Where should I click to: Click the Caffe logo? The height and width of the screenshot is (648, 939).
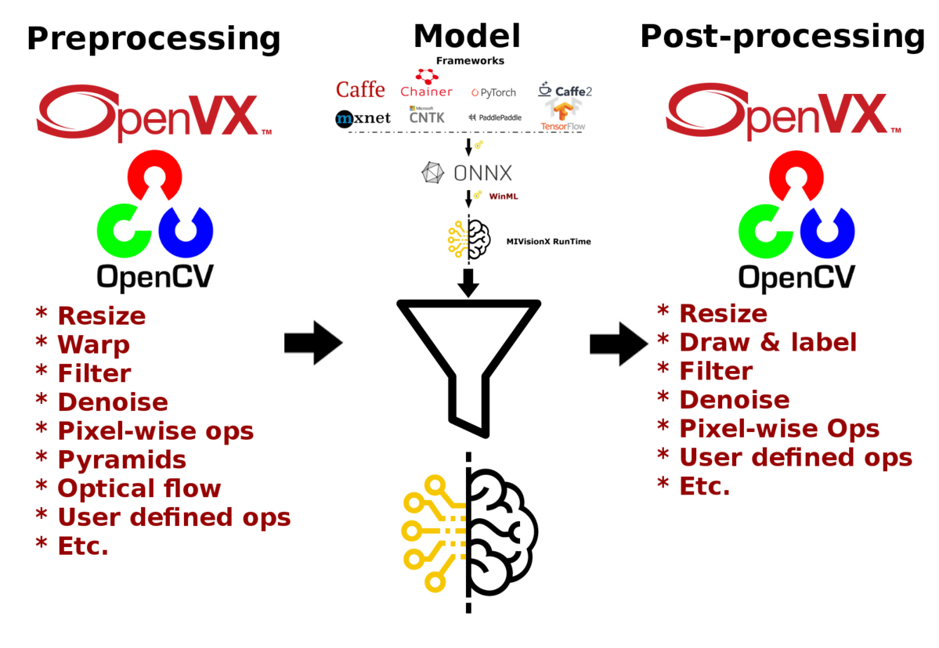pos(360,90)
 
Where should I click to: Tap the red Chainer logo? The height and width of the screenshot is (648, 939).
pos(427,84)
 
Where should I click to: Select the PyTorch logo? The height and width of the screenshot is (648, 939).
pos(493,92)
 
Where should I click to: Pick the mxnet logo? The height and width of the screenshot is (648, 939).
pos(363,119)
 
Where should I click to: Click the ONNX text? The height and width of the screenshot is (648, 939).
pos(483,173)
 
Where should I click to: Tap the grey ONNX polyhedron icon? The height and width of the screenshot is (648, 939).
pos(432,173)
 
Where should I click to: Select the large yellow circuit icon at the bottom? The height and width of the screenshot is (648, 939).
pos(434,532)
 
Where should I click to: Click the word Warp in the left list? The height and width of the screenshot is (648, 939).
pos(93,345)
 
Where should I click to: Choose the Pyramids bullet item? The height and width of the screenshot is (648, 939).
pos(121,460)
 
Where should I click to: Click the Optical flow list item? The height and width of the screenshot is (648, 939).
pos(139,489)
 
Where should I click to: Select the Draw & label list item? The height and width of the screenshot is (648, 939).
pos(767,343)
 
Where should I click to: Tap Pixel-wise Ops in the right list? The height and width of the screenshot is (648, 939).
pos(779,429)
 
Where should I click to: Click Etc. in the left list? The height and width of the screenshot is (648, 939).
pos(82,546)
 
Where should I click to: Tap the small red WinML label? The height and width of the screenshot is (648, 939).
pos(504,197)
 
